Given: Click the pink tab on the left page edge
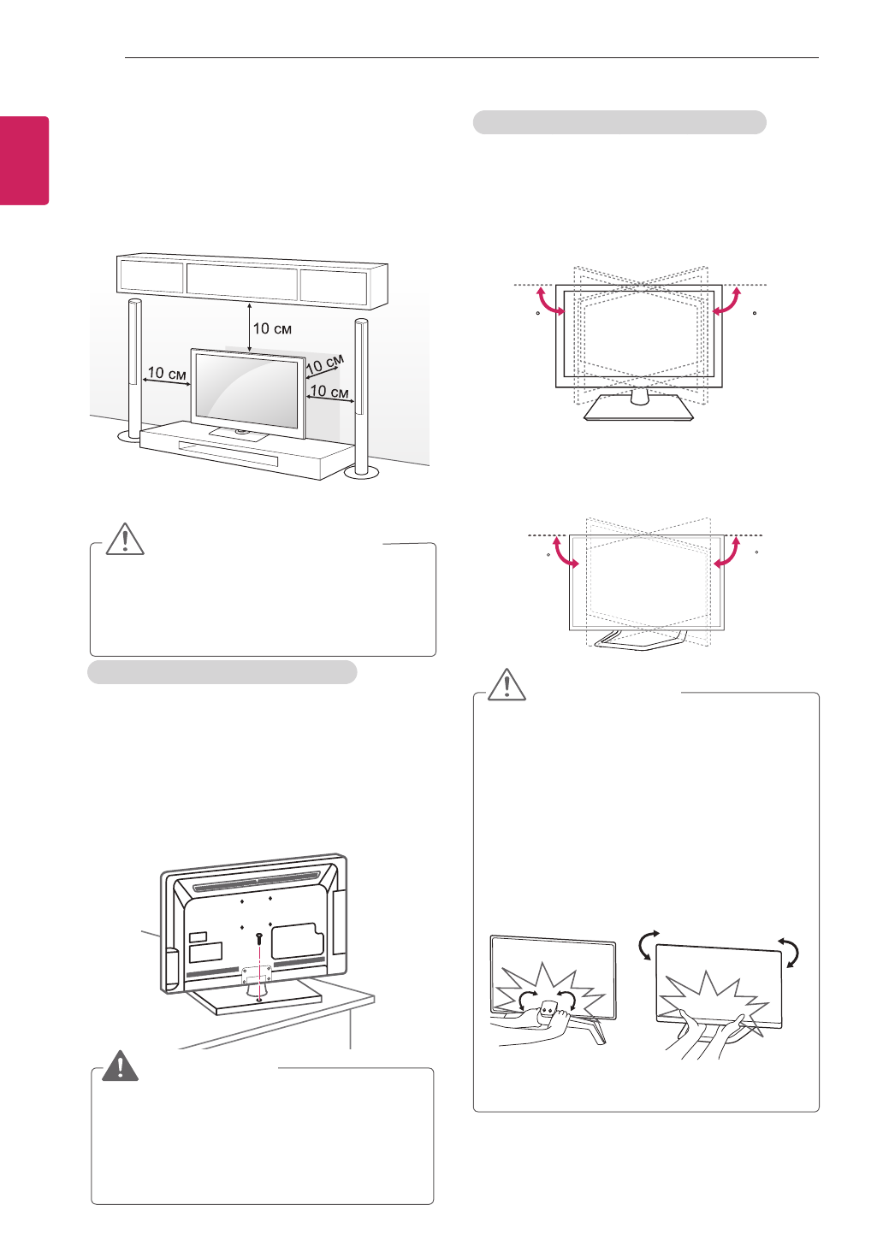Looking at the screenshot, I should click(24, 161).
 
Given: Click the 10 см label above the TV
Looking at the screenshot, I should click(272, 328).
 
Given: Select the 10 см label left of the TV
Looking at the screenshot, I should click(166, 374).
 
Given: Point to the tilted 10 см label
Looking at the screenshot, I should click(325, 363).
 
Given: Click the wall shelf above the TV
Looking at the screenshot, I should click(252, 280).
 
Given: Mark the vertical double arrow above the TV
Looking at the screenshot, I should click(249, 327).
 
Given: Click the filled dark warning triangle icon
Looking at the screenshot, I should click(121, 1066).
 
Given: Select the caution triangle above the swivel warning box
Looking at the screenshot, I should click(507, 684).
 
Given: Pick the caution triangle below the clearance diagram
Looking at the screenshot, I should click(125, 539).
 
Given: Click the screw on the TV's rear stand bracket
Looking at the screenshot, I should click(258, 939).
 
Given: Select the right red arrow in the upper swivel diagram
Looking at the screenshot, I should click(726, 302).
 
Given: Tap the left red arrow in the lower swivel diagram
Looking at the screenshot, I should click(566, 552).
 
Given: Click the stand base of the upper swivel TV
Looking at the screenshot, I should click(638, 408).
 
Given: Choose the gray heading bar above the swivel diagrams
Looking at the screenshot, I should click(619, 122).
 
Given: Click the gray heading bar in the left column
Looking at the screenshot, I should click(222, 672).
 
